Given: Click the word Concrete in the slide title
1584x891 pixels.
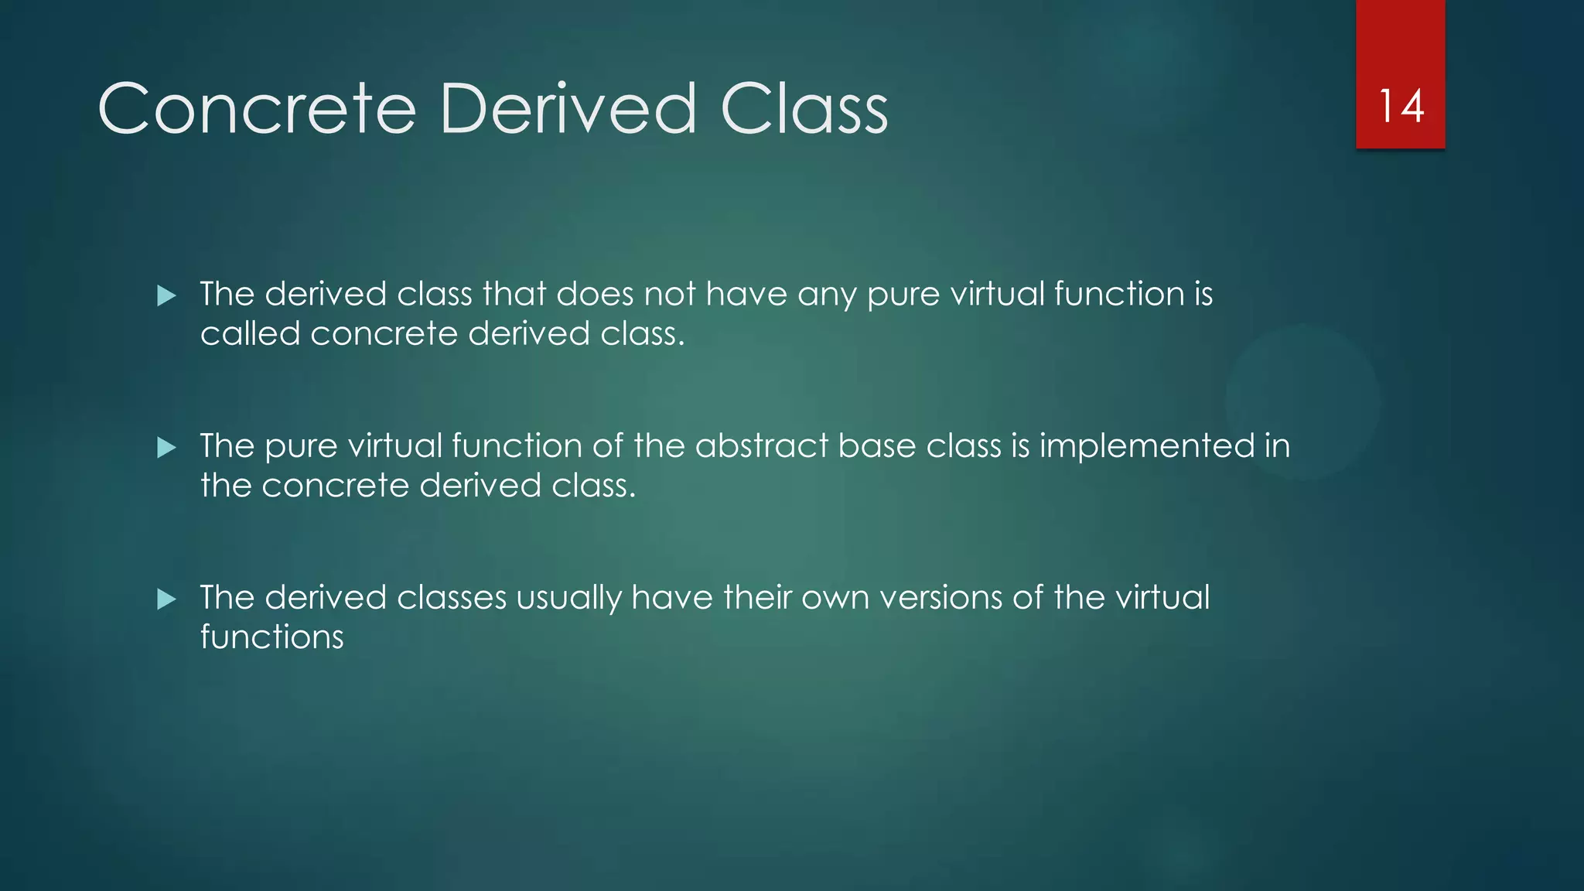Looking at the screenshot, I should click(x=258, y=109).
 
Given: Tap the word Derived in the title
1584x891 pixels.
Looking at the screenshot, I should click(x=568, y=109).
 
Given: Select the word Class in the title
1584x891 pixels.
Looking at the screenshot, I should click(x=804, y=109).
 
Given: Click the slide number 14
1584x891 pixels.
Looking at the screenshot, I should click(x=1401, y=106).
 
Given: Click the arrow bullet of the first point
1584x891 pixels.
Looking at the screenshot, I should click(x=166, y=295).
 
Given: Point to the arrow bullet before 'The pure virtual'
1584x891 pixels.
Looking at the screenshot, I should click(x=166, y=447).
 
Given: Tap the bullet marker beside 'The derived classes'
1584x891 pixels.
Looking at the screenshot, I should click(x=166, y=599).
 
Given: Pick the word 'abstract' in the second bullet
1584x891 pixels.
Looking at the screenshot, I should click(x=761, y=446).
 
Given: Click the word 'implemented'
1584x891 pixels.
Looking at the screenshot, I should click(x=1146, y=446).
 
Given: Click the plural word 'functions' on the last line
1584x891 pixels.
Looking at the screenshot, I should click(x=272, y=637).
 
